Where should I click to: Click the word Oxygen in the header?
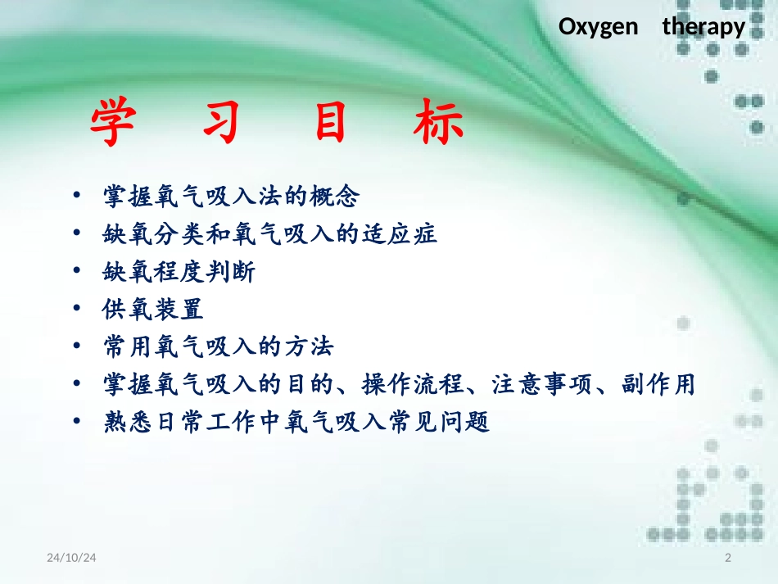click(598, 27)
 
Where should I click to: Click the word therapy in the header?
click(703, 27)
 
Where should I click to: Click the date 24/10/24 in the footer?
click(71, 558)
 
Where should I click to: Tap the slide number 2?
click(728, 558)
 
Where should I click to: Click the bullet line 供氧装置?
click(152, 310)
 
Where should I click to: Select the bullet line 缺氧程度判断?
click(179, 272)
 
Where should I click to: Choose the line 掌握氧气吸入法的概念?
click(231, 197)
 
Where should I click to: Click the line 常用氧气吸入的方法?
click(218, 347)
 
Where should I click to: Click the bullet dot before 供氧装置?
click(76, 310)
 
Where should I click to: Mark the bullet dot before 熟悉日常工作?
click(76, 423)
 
